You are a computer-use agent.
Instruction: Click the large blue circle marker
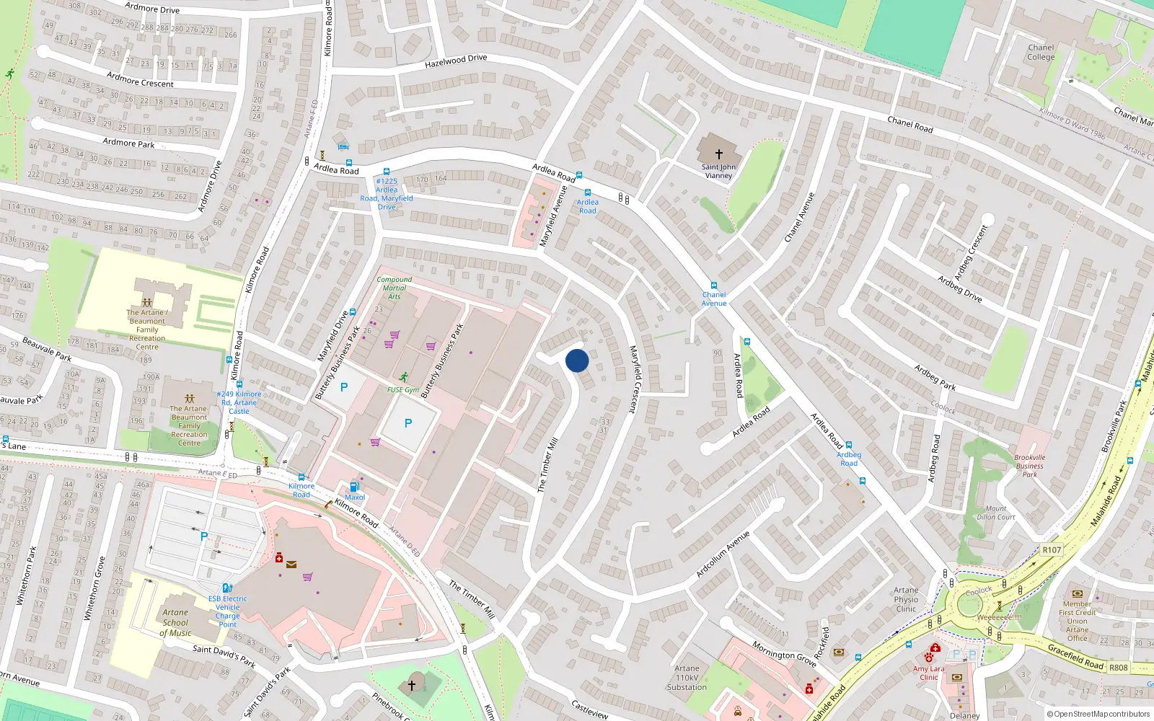[x=577, y=360]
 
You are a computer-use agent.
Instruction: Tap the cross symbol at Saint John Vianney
[x=718, y=154]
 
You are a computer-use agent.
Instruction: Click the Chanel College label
[x=1041, y=53]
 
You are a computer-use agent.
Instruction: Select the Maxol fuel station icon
[x=354, y=487]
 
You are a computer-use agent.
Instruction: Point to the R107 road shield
[x=1052, y=550]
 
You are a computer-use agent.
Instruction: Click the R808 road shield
[x=1118, y=668]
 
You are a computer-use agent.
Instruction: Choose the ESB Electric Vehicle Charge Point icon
[x=227, y=588]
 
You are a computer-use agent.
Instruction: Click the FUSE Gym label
[x=403, y=390]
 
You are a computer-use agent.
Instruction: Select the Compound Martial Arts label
[x=395, y=288]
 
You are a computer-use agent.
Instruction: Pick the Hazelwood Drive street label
[x=456, y=61]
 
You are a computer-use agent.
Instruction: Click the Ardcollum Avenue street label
[x=723, y=554]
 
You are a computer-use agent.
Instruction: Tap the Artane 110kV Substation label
[x=687, y=678]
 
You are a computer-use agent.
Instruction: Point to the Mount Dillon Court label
[x=996, y=513]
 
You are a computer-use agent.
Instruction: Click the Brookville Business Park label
[x=1029, y=466]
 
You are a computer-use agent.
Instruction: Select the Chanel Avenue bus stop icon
[x=714, y=286]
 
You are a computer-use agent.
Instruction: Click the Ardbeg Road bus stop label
[x=849, y=459]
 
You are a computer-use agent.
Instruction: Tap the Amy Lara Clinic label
[x=929, y=673]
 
